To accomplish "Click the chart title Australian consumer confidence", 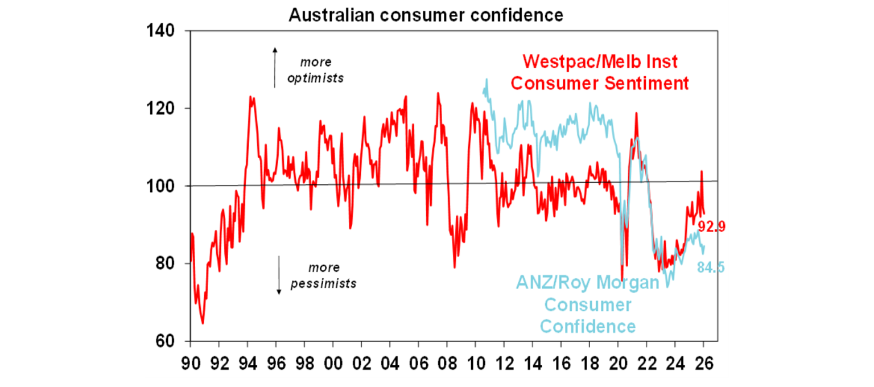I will pos(426,15).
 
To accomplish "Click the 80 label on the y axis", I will pos(164,264).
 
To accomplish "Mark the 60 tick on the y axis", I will pos(164,341).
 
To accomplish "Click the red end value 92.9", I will pos(714,227).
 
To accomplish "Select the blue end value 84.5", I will pos(711,267).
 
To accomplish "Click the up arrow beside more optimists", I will pos(274,67).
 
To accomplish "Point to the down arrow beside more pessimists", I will pos(279,275).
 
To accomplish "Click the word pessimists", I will pos(324,283).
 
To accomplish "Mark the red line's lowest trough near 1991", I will pos(203,323).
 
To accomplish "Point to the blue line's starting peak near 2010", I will pos(486,80).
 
